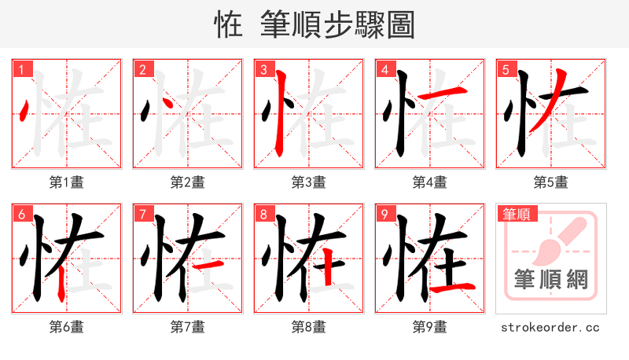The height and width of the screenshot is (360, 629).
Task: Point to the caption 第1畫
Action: coord(67,182)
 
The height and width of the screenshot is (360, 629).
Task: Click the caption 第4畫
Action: coord(430,182)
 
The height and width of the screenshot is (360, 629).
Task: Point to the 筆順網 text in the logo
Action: coord(551,279)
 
